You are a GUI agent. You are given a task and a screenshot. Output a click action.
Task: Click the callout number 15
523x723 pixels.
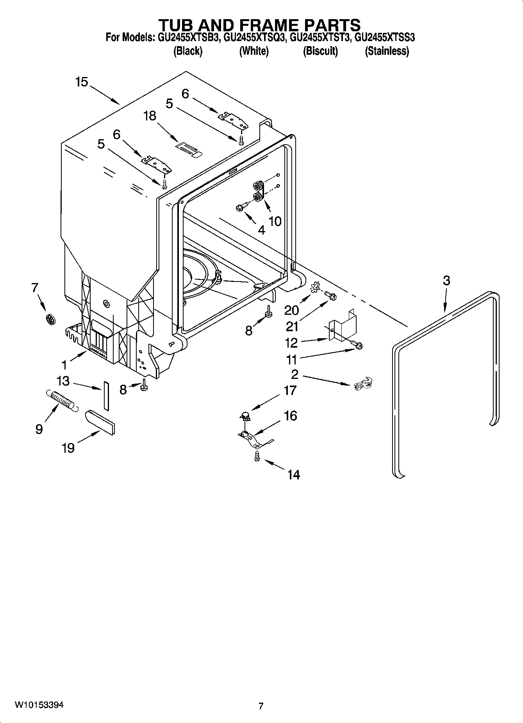[x=82, y=82]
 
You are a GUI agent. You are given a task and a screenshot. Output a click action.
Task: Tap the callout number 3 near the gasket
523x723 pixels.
[x=446, y=280]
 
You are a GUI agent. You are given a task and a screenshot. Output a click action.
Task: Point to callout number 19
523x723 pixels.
[x=68, y=448]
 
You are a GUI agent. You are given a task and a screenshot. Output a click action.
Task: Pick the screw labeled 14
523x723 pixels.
[x=257, y=456]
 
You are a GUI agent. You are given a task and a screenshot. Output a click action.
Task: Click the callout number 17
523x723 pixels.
[x=290, y=390]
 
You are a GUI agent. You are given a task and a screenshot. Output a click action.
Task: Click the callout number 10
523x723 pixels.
[x=275, y=221]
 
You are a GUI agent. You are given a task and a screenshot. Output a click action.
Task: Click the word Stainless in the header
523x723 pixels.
[x=387, y=51]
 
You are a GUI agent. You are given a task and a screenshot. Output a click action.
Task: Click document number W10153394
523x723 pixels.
[x=39, y=705]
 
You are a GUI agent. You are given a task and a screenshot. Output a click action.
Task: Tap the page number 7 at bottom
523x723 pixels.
[x=261, y=706]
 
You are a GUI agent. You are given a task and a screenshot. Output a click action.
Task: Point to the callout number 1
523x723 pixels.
[x=64, y=365]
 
